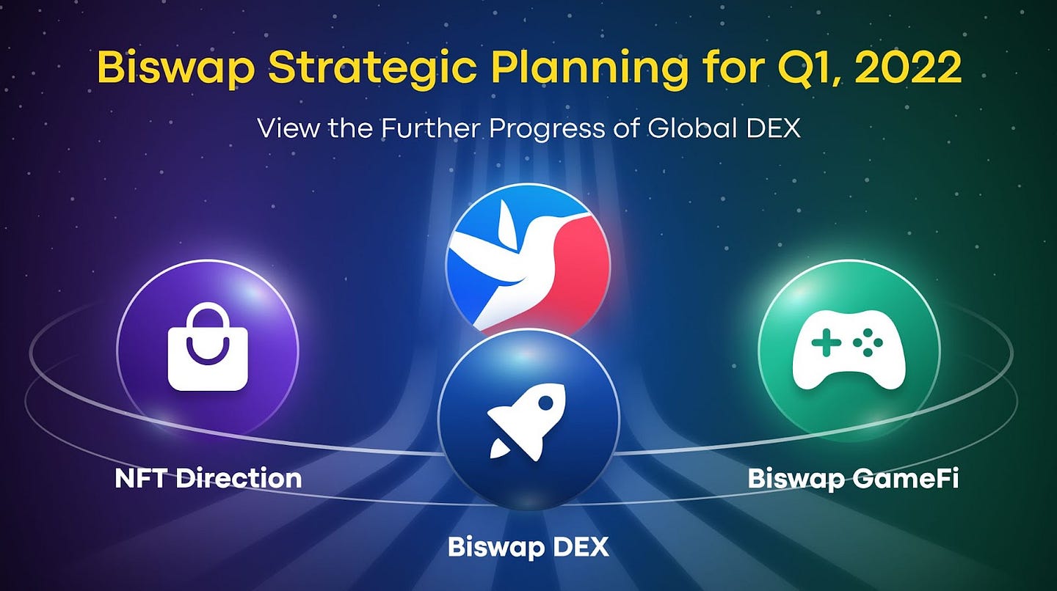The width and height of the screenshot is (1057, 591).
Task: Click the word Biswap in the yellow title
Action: point(176,67)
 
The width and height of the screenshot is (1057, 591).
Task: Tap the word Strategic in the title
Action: point(372,67)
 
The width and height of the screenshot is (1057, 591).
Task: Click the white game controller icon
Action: point(849,350)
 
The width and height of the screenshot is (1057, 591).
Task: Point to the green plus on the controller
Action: point(825,342)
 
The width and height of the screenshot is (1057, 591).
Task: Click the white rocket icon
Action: point(526,422)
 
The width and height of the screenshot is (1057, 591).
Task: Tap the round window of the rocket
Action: point(545,403)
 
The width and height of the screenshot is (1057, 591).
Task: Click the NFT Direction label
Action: point(208,478)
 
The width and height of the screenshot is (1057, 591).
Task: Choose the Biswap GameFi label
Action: point(853,479)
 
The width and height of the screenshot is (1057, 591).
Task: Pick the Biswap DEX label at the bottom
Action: point(528,547)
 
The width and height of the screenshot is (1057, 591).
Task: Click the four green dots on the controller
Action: point(868,342)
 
